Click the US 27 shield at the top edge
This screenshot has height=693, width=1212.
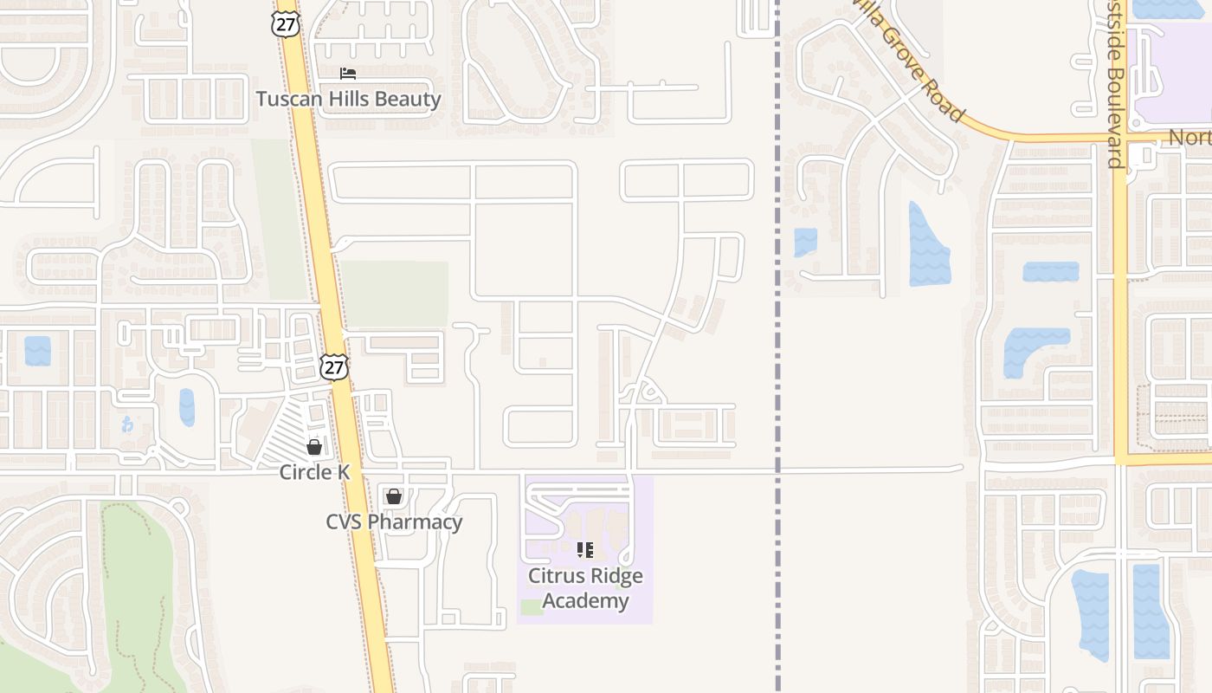[x=285, y=23]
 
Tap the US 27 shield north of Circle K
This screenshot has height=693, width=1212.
[x=333, y=367]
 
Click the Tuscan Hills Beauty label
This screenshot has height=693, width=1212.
[x=348, y=99]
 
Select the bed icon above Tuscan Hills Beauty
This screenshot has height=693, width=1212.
[x=348, y=74]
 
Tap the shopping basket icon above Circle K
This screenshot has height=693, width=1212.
[x=314, y=447]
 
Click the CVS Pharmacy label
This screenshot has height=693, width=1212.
[x=394, y=522]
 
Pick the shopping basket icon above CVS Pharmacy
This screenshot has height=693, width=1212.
[x=394, y=496]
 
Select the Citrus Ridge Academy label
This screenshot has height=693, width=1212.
[x=585, y=588]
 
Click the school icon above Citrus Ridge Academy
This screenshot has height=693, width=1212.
[x=585, y=549]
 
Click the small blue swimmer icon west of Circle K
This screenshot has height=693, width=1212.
[x=128, y=424]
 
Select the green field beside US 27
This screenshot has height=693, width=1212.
[x=395, y=294]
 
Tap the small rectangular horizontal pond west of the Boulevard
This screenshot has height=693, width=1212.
[x=1051, y=272]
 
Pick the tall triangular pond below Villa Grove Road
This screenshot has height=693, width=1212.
[x=928, y=246]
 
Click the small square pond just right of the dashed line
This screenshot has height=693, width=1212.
[x=805, y=242]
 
